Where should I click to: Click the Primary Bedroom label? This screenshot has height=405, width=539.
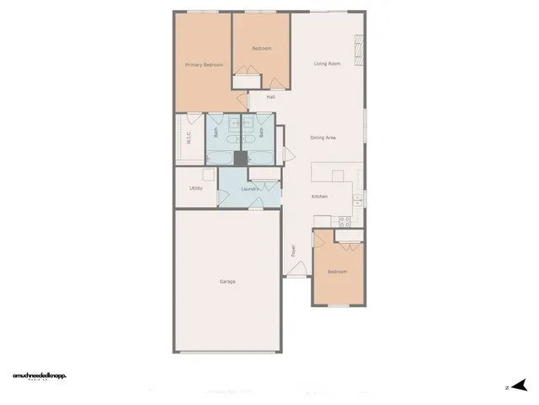tap(203, 64)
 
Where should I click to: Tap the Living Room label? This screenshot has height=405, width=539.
tap(327, 64)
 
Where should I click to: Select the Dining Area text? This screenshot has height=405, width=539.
tap(323, 138)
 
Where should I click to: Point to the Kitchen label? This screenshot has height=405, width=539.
tap(319, 197)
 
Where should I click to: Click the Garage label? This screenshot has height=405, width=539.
tap(227, 281)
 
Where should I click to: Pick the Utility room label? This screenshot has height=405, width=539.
tap(195, 188)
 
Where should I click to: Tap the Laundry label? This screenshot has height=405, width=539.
tap(248, 189)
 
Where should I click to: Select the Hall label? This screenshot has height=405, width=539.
tap(270, 97)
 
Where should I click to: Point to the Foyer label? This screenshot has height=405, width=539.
tap(293, 251)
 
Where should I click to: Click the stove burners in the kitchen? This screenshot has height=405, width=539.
tap(344, 221)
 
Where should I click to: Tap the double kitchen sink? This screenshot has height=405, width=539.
tap(358, 200)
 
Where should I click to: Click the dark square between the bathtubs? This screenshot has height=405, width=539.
tap(239, 158)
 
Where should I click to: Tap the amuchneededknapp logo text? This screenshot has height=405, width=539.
tap(40, 375)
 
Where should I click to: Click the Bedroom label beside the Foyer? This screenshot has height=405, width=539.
tap(337, 272)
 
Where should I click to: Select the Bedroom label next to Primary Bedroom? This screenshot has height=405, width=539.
tap(261, 48)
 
